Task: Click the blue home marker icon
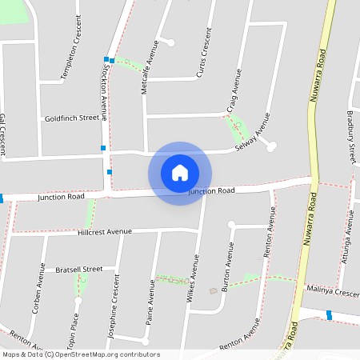pyautogui.click(x=180, y=173)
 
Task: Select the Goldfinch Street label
pyautogui.click(x=72, y=118)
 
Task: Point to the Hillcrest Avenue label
pyautogui.click(x=105, y=232)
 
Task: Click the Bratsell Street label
pyautogui.click(x=79, y=270)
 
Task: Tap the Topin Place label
pyautogui.click(x=74, y=325)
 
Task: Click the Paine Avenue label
pyautogui.click(x=150, y=304)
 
